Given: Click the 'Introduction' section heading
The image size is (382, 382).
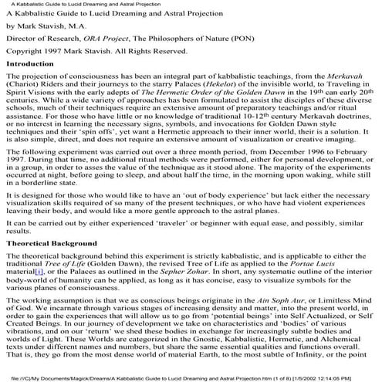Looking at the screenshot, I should coord(29,65).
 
